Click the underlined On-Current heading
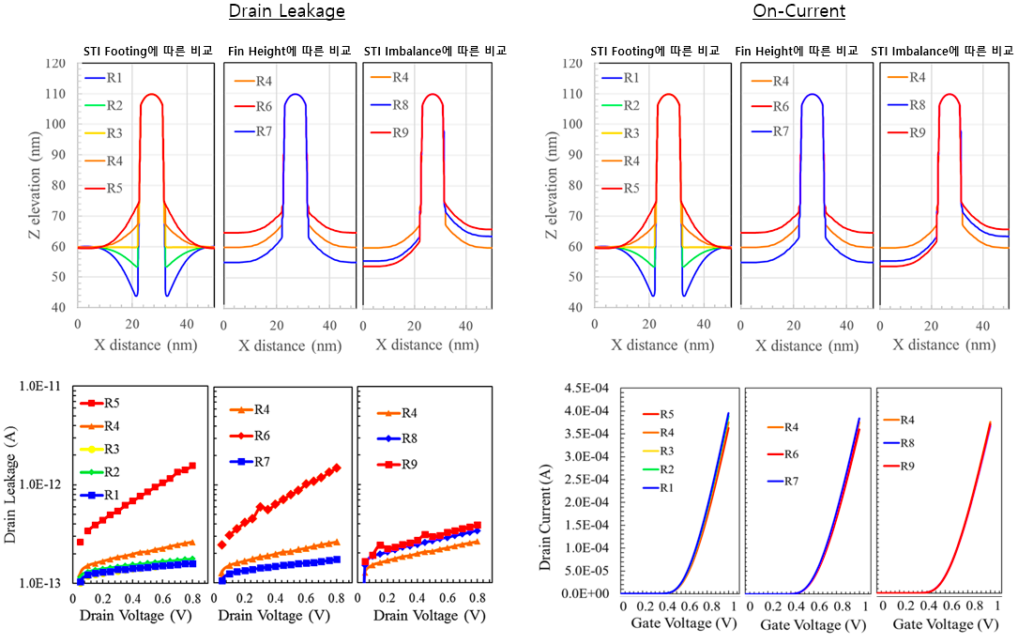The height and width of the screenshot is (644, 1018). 799,11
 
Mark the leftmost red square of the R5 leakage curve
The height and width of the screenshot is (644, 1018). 80,542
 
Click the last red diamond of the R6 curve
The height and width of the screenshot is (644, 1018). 337,468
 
